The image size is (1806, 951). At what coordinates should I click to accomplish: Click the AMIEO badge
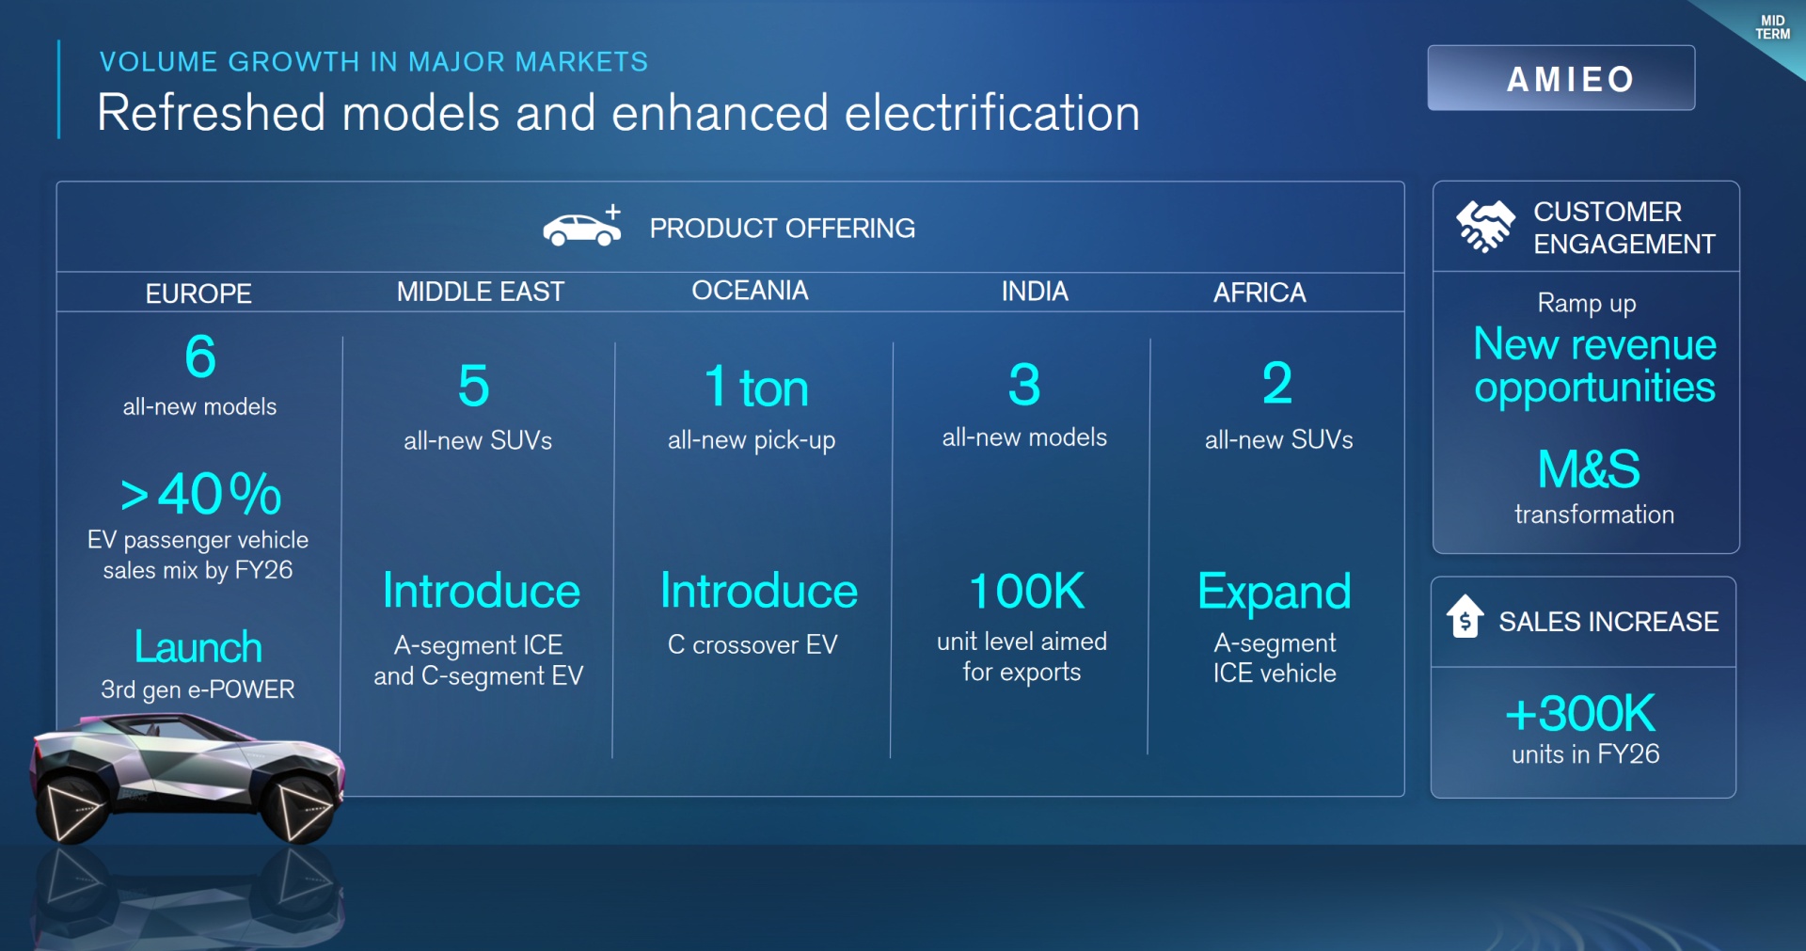[x=1560, y=78]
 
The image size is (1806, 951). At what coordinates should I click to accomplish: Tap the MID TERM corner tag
[x=1772, y=27]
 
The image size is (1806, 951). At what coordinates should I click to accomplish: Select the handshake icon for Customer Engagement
[x=1485, y=227]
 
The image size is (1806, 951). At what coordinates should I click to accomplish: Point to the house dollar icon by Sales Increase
[x=1465, y=617]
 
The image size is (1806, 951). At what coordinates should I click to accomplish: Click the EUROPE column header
[x=198, y=293]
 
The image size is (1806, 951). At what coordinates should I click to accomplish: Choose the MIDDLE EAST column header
[x=481, y=292]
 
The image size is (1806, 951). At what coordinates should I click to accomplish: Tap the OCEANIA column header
[x=750, y=291]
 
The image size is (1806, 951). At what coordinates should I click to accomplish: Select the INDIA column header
[x=1035, y=292]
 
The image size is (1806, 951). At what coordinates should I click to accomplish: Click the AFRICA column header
[x=1259, y=293]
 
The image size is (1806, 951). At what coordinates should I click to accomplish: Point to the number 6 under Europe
[x=200, y=357]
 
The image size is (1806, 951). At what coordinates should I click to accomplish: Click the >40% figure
[x=200, y=494]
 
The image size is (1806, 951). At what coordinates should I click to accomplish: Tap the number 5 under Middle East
[x=474, y=386]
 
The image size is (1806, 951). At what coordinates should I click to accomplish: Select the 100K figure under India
[x=1026, y=591]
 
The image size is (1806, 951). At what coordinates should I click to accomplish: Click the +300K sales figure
[x=1580, y=713]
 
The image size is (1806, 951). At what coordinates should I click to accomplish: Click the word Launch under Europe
[x=198, y=647]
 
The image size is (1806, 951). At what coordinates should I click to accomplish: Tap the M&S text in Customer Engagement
[x=1589, y=468]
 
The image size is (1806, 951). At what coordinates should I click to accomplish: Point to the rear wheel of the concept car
[x=71, y=807]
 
